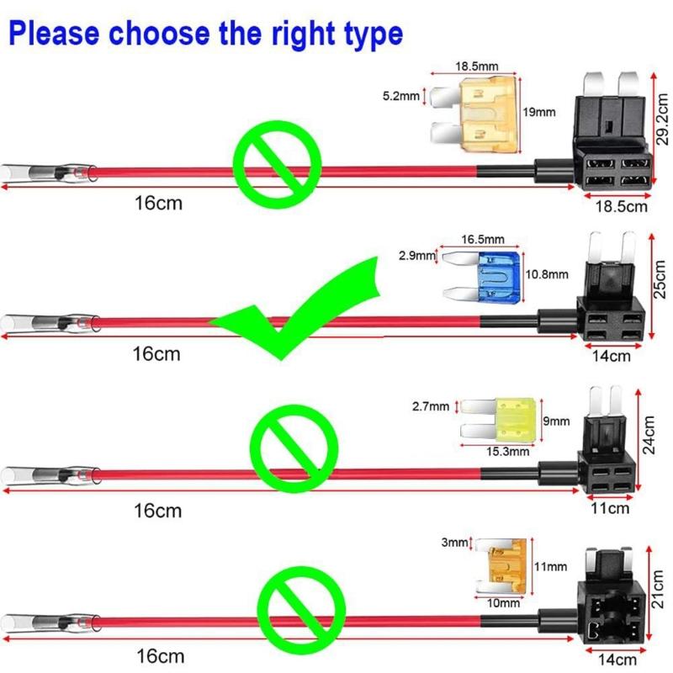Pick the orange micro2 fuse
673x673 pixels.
pyautogui.click(x=505, y=567)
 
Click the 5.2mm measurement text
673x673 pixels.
pyautogui.click(x=400, y=96)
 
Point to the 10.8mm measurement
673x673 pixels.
pyautogui.click(x=548, y=274)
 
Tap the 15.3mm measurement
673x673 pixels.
pyautogui.click(x=506, y=451)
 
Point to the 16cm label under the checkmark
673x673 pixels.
pyautogui.click(x=157, y=354)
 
